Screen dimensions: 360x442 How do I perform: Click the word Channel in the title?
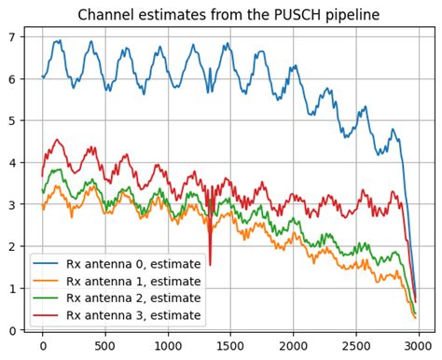click(x=106, y=15)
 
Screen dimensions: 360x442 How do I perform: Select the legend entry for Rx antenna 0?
click(x=138, y=264)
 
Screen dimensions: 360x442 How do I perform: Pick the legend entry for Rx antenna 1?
click(x=138, y=281)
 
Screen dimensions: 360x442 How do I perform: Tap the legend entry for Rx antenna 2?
click(x=138, y=298)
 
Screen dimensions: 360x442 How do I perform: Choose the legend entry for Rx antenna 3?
click(x=138, y=314)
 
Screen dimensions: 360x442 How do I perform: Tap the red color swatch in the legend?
click(x=47, y=314)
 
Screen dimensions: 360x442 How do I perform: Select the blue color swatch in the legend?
click(x=47, y=264)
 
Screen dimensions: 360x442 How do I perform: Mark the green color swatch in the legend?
click(x=47, y=298)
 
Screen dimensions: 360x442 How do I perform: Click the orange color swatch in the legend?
click(x=47, y=281)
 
